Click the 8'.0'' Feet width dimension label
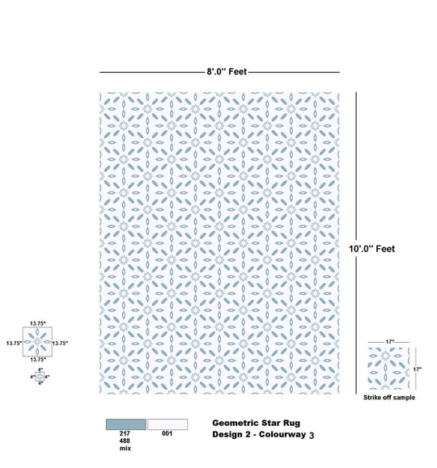point(227,72)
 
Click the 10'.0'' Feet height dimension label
point(371,249)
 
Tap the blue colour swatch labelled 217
point(126,424)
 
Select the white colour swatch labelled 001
point(168,424)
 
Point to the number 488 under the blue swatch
point(125,441)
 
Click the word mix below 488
point(125,448)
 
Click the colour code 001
point(167,433)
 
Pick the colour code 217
point(125,433)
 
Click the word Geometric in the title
point(235,424)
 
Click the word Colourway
point(282,434)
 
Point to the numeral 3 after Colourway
point(312,436)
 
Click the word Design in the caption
point(224,435)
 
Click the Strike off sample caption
point(389,397)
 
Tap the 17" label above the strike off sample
point(390,342)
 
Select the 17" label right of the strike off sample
point(418,369)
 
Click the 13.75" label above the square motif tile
point(38,323)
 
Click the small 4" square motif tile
point(40,377)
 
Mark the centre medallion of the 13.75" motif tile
point(37,342)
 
